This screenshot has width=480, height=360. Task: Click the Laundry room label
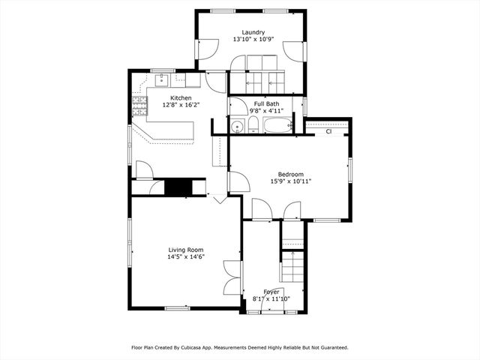(253, 32)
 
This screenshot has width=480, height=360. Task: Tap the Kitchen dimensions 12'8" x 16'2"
(181, 105)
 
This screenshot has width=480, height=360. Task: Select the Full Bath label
(266, 103)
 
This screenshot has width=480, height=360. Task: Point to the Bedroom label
(291, 174)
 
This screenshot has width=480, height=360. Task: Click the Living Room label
(186, 250)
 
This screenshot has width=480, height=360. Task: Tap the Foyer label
(271, 292)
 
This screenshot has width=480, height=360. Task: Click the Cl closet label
(328, 132)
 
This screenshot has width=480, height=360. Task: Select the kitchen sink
(162, 80)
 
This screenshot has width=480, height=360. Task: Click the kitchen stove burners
(139, 106)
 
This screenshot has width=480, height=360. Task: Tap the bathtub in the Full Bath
(278, 125)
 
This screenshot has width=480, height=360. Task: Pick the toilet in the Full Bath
(253, 125)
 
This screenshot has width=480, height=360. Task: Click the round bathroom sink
(237, 127)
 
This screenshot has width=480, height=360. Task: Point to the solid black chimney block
(178, 187)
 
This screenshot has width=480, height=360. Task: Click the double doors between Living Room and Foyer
(232, 277)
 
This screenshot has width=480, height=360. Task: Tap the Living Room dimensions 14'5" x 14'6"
(186, 256)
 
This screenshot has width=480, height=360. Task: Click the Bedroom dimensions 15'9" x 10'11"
(291, 181)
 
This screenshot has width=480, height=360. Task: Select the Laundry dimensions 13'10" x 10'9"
(253, 39)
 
